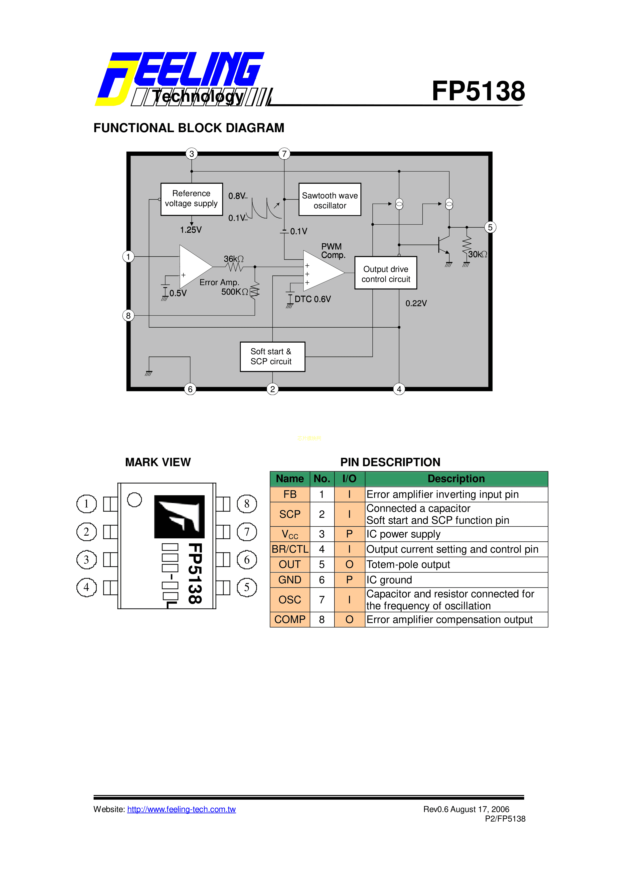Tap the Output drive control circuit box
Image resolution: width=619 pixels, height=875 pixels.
pos(386,273)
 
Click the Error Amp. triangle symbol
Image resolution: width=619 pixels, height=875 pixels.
pos(194,267)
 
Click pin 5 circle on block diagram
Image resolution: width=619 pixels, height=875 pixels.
pos(490,227)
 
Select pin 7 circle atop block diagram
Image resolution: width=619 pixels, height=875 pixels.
pos(284,154)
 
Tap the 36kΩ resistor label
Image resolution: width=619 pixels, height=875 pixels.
pos(233,259)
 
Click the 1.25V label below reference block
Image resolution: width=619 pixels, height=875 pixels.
pos(191,230)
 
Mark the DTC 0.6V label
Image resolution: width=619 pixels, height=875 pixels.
pos(313,299)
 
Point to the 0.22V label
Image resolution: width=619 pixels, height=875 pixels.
pos(416,303)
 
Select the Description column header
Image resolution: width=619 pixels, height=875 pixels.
pos(456,479)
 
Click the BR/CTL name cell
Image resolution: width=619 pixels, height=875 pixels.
pos(290,549)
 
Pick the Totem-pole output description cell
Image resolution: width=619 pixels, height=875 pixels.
pos(456,564)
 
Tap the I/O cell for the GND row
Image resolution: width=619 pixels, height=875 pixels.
pos(349,580)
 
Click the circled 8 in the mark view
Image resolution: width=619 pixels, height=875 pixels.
pos(247,504)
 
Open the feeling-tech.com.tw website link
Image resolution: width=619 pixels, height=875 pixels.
pos(181,809)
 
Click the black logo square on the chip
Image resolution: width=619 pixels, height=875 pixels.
pos(179,516)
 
